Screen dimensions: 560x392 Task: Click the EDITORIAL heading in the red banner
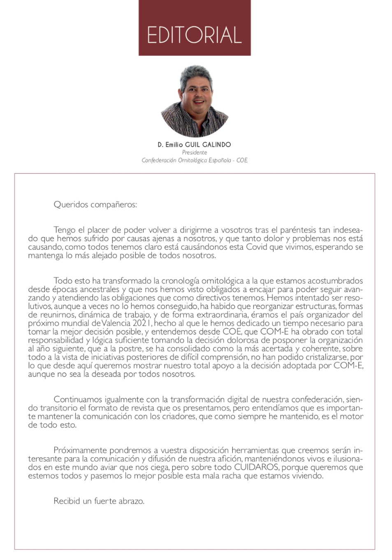pyautogui.click(x=194, y=35)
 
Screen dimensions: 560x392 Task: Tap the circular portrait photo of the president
pyautogui.click(x=195, y=101)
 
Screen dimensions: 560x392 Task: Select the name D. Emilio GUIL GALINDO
pyautogui.click(x=194, y=145)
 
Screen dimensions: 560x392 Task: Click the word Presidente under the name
pyautogui.click(x=195, y=152)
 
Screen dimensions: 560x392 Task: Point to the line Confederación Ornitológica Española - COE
pyautogui.click(x=195, y=160)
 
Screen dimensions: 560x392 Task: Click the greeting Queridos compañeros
pyautogui.click(x=95, y=205)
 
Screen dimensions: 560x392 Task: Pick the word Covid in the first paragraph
pyautogui.click(x=256, y=247)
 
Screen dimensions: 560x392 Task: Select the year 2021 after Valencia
pyautogui.click(x=142, y=323)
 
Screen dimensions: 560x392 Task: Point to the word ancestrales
pyautogui.click(x=98, y=289)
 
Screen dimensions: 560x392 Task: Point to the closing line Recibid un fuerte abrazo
pyautogui.click(x=99, y=501)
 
